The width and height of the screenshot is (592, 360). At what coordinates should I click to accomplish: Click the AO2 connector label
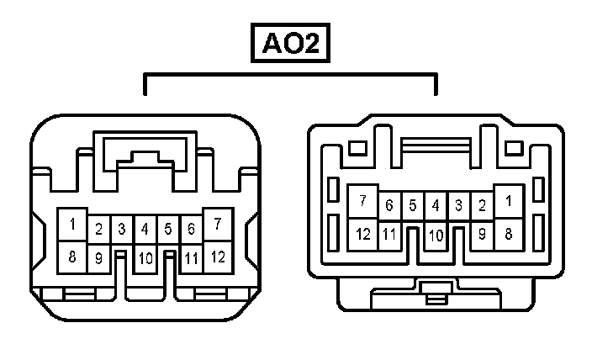coord(290,45)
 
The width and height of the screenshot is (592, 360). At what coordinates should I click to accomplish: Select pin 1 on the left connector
coord(73,225)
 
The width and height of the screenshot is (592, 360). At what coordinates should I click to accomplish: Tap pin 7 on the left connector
coord(218,224)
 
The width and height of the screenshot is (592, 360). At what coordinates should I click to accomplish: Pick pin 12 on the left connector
coord(218,256)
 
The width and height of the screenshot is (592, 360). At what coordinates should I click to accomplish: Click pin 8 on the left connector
coord(73,256)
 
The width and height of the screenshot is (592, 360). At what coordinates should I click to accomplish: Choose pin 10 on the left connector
coord(145,258)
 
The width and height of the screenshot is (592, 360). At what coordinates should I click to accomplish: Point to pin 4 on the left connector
coord(145,228)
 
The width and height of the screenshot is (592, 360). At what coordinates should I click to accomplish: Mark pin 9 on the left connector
coord(98,258)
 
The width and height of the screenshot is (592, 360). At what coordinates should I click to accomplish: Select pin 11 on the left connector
coord(191,258)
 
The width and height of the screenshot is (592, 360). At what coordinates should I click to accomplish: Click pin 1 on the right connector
coord(509,201)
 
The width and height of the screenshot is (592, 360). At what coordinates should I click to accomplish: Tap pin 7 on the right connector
coord(363,201)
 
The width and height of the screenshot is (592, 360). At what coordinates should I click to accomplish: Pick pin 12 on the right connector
coord(363,233)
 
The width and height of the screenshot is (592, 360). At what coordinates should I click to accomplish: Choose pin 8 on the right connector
coord(509,233)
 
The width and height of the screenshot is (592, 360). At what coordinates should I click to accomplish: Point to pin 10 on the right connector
coord(436,236)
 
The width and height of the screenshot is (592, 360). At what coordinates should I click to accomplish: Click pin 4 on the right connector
coord(436,205)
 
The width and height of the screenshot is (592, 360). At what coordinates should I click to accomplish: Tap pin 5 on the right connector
coord(413,205)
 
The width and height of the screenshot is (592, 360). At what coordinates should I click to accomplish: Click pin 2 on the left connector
coord(98,228)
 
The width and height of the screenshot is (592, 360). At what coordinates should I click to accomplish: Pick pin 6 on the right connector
coord(389,205)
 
